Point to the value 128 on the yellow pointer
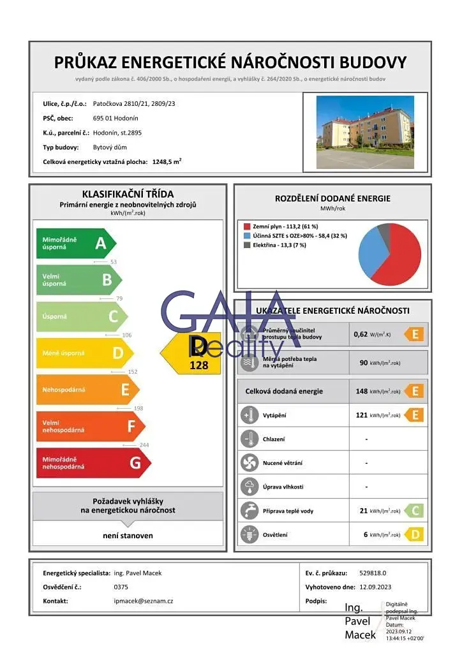198,366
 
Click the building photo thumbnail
364,132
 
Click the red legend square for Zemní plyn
246,226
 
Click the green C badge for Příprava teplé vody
415,511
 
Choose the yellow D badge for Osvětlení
415,535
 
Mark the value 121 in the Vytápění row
361,415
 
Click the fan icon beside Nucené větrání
248,463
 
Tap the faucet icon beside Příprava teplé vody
248,511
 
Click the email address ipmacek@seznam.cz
143,601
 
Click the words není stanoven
128,536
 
